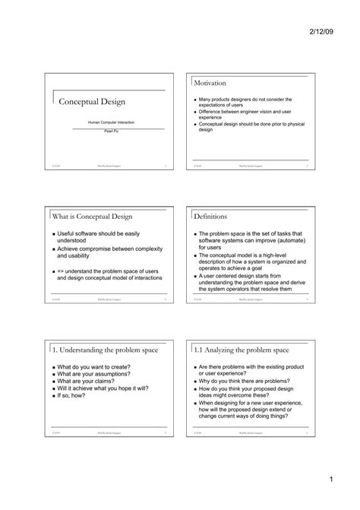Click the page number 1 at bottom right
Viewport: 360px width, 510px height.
pos(332,480)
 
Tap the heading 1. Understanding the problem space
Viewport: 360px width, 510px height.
pos(105,350)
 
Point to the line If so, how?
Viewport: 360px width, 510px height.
pos(73,395)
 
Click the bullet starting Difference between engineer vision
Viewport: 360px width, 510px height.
pos(245,115)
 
